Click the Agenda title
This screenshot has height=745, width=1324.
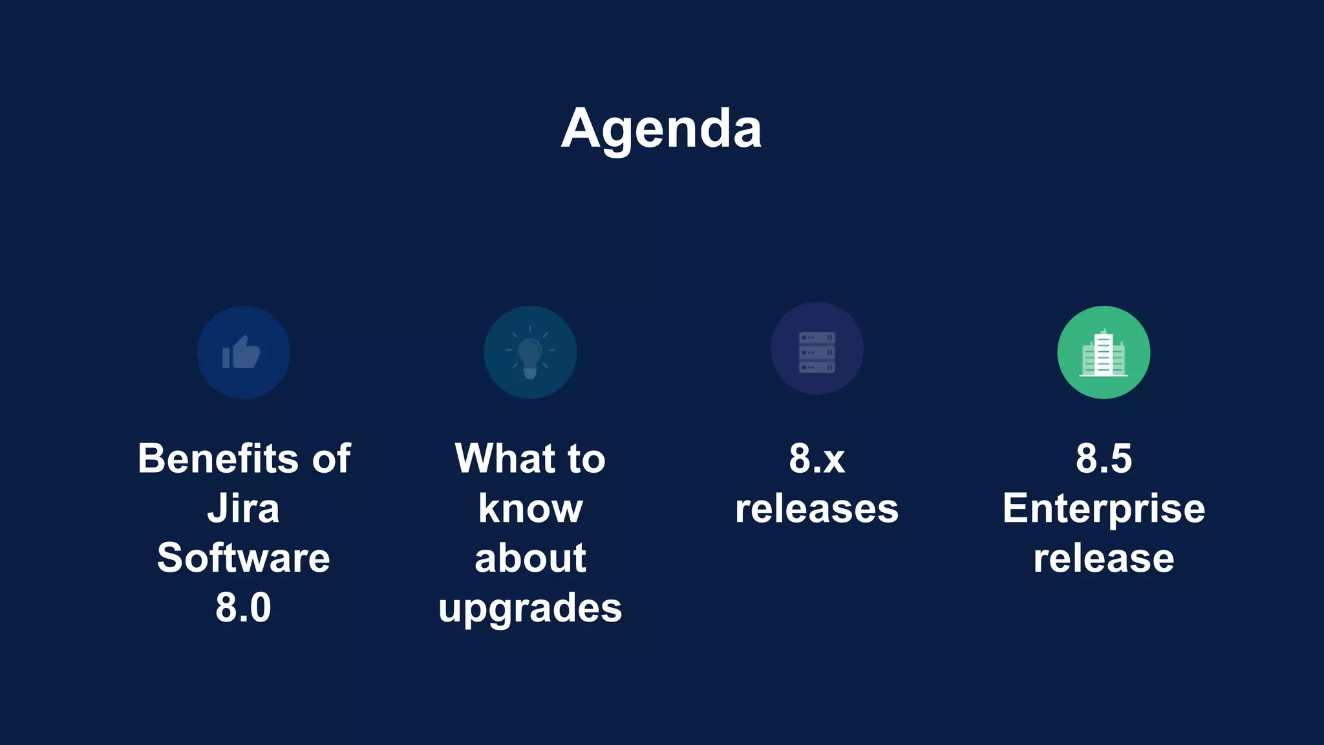(661, 129)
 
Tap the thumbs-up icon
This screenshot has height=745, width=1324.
(242, 352)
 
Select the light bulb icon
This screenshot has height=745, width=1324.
(529, 352)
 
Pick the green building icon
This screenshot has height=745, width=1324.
(1104, 352)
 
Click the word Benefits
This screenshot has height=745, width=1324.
(217, 459)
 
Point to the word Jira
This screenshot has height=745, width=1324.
(243, 508)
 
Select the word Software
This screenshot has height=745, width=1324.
(243, 557)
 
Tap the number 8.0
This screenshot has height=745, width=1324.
(243, 607)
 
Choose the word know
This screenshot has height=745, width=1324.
(530, 508)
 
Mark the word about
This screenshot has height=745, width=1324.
(530, 557)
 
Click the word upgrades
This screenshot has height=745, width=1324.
(530, 609)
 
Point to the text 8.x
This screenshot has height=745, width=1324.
(817, 459)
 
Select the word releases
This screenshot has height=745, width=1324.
(817, 508)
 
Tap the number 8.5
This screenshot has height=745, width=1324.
(1104, 459)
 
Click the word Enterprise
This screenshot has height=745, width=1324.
(1104, 510)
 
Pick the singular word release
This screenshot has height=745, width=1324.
(1104, 558)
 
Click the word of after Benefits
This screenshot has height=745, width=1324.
(332, 459)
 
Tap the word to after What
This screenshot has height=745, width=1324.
(586, 459)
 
